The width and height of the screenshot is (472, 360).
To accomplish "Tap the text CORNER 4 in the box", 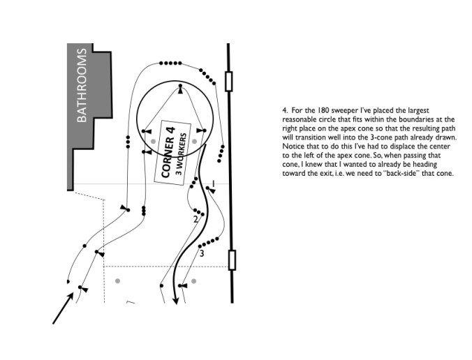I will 168,152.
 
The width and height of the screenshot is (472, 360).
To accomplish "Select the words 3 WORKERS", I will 184,158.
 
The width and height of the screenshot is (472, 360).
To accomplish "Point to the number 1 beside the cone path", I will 214,183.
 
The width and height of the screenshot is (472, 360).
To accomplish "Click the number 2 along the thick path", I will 196,220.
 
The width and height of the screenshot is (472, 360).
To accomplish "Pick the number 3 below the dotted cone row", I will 202,253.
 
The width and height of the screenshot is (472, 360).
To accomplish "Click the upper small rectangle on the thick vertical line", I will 230,82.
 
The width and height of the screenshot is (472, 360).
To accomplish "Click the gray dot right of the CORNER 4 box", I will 196,141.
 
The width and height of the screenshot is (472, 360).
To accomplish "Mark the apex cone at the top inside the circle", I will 180,90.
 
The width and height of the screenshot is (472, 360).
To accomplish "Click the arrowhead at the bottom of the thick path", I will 175,299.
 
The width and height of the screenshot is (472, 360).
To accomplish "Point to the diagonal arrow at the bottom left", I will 64,308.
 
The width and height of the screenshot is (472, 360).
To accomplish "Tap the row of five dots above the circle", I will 168,63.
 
